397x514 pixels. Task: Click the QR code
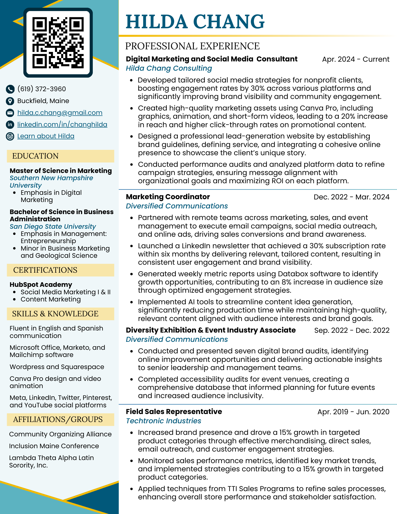click(58, 43)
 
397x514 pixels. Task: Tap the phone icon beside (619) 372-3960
click(10, 89)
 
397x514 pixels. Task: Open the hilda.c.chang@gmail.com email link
click(60, 113)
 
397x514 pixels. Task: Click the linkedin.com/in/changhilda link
click(62, 124)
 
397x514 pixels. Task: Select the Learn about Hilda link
click(46, 136)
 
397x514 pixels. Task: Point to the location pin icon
click(10, 101)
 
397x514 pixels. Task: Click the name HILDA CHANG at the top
click(195, 22)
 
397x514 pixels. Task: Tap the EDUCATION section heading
click(35, 156)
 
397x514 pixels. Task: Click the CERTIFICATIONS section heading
click(45, 270)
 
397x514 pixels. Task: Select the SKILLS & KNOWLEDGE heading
click(55, 314)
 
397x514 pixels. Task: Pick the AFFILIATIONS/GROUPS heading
click(58, 419)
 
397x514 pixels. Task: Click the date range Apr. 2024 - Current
click(356, 59)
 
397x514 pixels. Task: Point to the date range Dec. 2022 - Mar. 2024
click(351, 197)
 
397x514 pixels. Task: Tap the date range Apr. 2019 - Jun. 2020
click(353, 412)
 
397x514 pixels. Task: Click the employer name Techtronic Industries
click(163, 421)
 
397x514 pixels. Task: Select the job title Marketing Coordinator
click(168, 197)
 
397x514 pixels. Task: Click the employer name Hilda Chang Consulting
click(169, 68)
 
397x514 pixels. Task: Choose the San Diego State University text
click(53, 227)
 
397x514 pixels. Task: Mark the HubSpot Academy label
click(41, 285)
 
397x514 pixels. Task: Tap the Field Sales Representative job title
click(174, 412)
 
